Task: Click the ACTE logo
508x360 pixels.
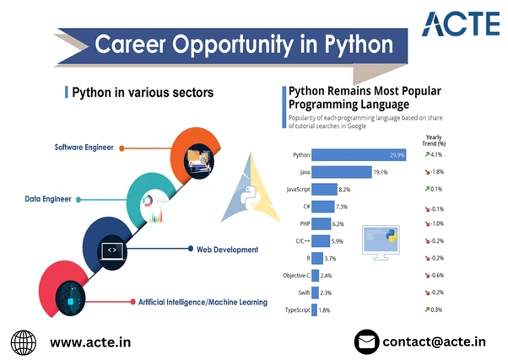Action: (x=461, y=24)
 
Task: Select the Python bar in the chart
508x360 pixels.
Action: (x=359, y=155)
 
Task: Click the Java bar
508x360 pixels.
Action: (x=342, y=172)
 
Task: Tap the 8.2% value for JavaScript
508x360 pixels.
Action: (x=344, y=190)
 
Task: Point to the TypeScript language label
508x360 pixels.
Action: (x=297, y=310)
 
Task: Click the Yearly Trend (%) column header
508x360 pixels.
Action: (x=434, y=141)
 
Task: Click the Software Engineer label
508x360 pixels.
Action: (x=84, y=148)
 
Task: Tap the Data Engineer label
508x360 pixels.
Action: (x=48, y=199)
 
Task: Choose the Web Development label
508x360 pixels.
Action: (x=228, y=250)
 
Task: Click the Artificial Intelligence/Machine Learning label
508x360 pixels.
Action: (x=203, y=303)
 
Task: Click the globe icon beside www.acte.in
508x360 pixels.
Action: (x=24, y=342)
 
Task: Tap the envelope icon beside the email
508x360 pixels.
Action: (x=367, y=341)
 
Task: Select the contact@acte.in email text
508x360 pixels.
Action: (x=434, y=341)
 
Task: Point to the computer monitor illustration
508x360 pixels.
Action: (x=381, y=243)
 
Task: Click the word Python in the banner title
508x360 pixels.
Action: (x=359, y=45)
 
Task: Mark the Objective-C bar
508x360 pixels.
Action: (x=316, y=276)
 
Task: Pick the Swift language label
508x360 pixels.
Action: (x=304, y=293)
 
